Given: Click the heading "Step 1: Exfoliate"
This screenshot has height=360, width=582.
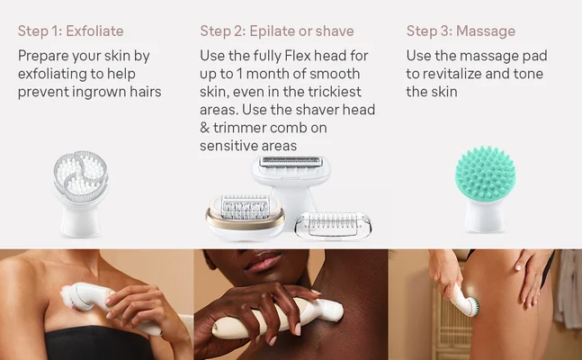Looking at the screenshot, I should coord(71,31).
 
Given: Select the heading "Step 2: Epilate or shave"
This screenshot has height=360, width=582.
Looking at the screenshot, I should coord(277,31).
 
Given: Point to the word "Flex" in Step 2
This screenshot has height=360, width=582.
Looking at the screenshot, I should coord(303,56).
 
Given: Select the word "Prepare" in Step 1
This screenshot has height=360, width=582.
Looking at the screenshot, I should coord(46,56).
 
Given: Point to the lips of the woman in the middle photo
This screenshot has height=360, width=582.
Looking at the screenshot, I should coord(267,264).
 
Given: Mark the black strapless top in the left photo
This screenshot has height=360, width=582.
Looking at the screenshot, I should coord(81,342).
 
